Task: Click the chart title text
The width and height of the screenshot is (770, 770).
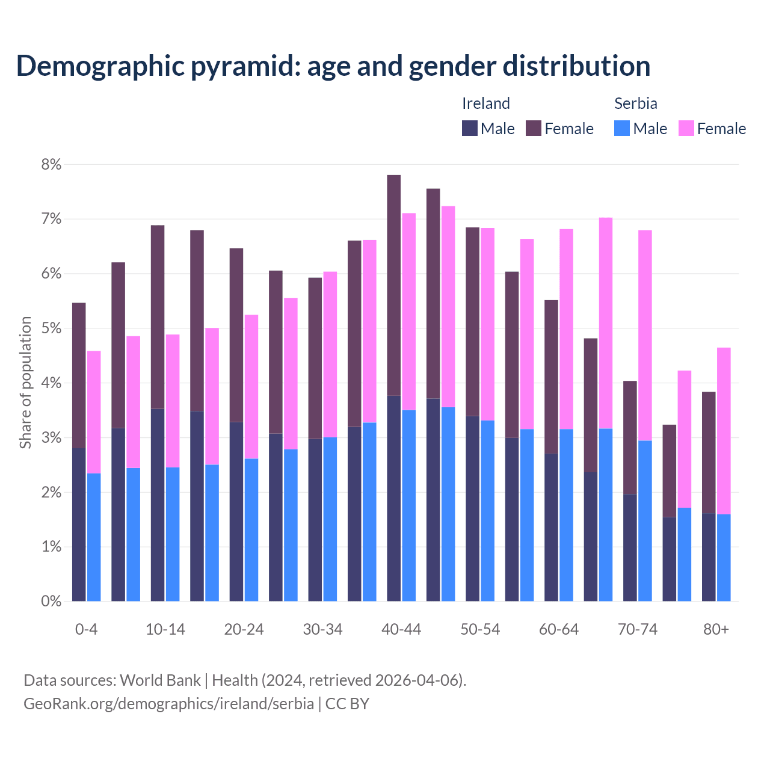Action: tap(333, 66)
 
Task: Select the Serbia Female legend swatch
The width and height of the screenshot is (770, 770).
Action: tap(686, 128)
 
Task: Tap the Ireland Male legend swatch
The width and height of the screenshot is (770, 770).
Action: tap(469, 128)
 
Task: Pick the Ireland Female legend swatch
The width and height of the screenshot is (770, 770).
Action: tap(534, 128)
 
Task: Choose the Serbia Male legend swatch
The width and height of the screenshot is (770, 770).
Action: tap(622, 128)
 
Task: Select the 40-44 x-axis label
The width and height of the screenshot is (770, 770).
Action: tap(401, 629)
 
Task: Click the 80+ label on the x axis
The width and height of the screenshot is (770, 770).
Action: tap(716, 629)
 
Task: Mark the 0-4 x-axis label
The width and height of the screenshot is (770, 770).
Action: tap(86, 629)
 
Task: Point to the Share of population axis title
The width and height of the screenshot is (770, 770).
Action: tap(25, 383)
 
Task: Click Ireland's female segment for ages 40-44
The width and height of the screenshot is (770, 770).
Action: tap(394, 285)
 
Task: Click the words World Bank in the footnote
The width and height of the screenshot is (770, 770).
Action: tap(160, 680)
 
